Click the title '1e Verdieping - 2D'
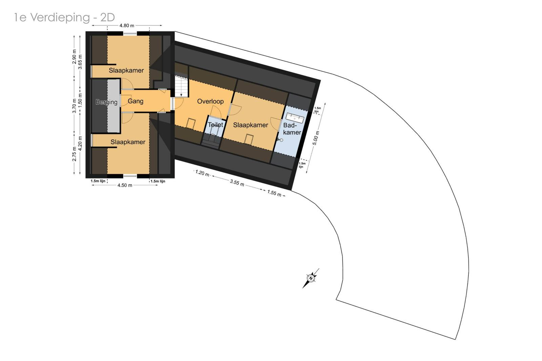[64, 17]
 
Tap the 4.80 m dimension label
[127, 25]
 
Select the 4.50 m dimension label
[125, 185]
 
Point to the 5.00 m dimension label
[316, 138]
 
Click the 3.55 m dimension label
[237, 183]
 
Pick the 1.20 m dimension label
[202, 173]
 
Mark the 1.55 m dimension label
[274, 193]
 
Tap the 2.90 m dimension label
[74, 57]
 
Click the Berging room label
[106, 102]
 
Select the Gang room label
[135, 101]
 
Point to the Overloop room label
[210, 101]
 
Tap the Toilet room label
[215, 125]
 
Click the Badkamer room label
[292, 129]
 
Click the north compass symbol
[311, 278]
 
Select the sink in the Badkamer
[295, 117]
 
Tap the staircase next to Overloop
[181, 86]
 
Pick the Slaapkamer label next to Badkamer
[250, 125]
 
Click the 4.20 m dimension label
[80, 143]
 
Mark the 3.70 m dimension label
[74, 106]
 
